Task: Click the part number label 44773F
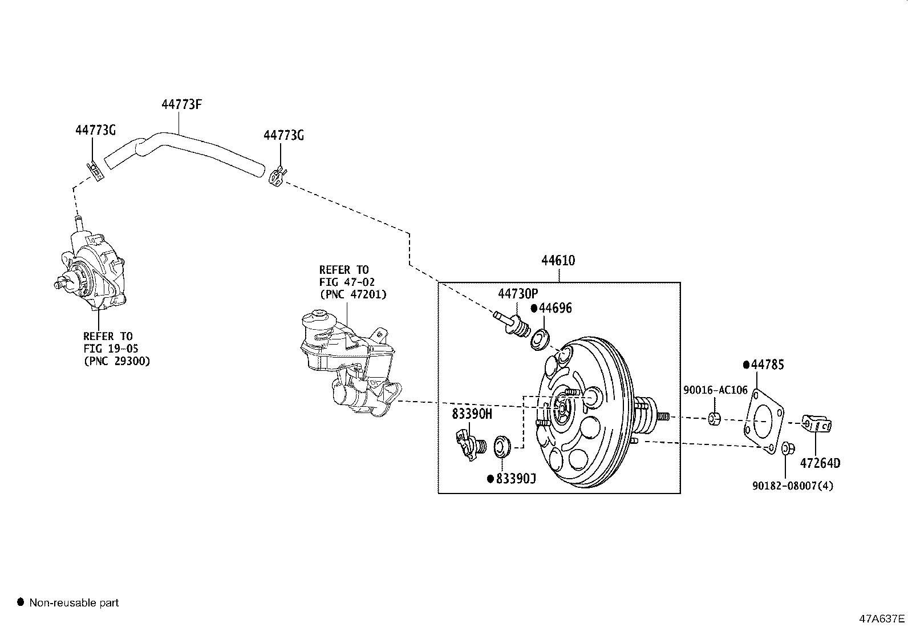point(182,104)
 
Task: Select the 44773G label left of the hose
point(95,130)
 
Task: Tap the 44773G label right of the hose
point(283,135)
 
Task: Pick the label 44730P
point(517,294)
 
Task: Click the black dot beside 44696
point(534,308)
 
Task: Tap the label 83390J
point(516,478)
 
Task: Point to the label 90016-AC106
point(715,390)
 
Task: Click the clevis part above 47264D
point(817,423)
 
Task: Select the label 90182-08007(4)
point(792,486)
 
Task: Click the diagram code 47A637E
point(882,618)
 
